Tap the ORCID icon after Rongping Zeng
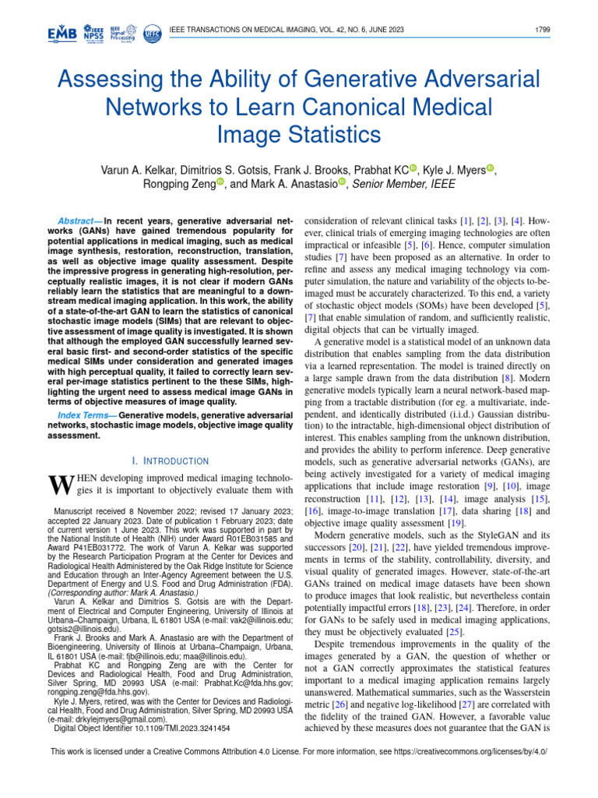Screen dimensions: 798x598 pyautogui.click(x=220, y=184)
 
